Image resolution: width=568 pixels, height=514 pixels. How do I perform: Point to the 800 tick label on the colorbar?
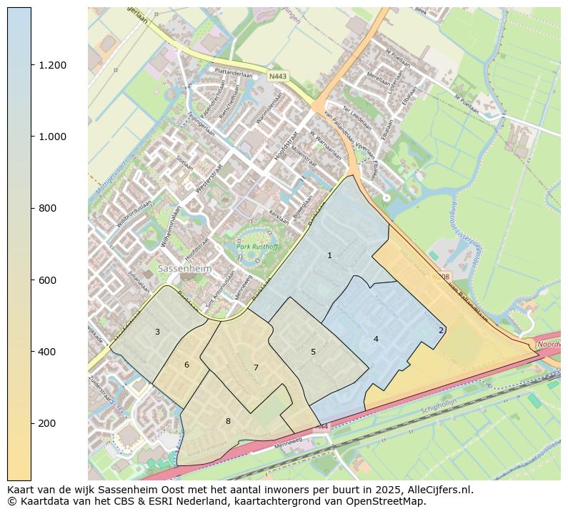tap(47, 208)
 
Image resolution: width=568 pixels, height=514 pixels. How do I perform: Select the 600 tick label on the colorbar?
tap(47, 280)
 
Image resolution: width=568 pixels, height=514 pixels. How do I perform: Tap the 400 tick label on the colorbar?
tap(47, 352)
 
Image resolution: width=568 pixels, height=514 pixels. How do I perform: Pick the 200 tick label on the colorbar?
tap(47, 423)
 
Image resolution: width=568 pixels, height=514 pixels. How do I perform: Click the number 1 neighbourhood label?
tap(329, 255)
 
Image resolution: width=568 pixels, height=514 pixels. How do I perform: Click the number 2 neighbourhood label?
tap(441, 330)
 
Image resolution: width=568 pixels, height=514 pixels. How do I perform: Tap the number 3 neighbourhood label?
tap(157, 332)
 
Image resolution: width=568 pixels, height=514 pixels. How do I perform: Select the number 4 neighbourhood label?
tap(376, 339)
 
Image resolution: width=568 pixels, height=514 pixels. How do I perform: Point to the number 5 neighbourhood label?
tap(313, 352)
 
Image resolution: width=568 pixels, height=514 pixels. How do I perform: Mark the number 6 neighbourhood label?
tap(186, 365)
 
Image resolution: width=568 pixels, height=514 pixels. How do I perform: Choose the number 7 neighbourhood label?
tap(255, 367)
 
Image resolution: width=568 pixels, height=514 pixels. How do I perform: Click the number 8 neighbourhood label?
tap(228, 421)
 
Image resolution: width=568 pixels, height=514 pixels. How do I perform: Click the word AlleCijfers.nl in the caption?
tap(438, 490)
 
